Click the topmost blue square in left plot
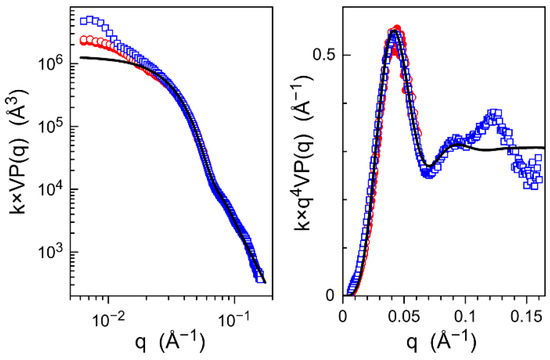point(87,19)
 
